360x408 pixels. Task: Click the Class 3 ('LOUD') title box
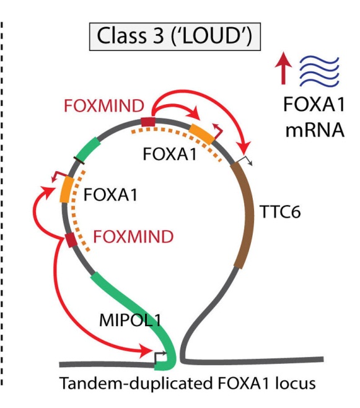(x=175, y=37)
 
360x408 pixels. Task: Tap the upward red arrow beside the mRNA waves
(x=283, y=68)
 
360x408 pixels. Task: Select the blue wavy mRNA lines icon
(x=320, y=71)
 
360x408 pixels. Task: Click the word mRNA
(x=315, y=130)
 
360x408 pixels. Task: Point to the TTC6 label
(x=280, y=211)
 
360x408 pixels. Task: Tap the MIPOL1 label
(x=130, y=320)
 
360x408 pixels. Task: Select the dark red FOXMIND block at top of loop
(x=148, y=122)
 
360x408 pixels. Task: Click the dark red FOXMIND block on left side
(x=71, y=240)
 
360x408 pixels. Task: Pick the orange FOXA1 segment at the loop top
(x=202, y=134)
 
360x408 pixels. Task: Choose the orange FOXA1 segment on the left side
(x=67, y=189)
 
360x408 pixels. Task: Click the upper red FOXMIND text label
(x=104, y=106)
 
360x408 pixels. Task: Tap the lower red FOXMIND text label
(x=133, y=236)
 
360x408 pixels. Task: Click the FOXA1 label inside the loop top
(x=170, y=154)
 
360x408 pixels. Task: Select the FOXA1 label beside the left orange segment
(x=110, y=194)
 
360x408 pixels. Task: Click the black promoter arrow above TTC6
(x=246, y=160)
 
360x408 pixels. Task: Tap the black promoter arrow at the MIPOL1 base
(x=160, y=357)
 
